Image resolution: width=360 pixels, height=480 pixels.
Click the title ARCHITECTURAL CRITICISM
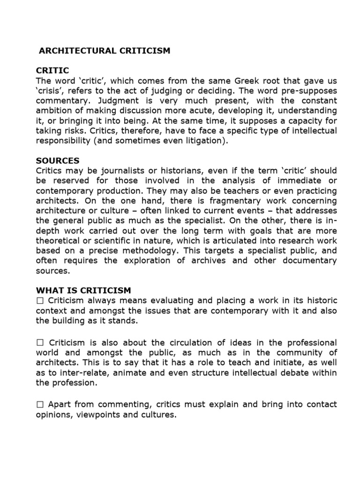click(104, 51)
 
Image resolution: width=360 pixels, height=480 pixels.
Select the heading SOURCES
click(58, 161)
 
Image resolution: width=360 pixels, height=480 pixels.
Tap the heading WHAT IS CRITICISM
click(83, 290)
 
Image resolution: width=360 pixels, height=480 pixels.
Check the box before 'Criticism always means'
click(40, 300)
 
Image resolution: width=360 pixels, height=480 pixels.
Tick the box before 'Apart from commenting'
click(40, 404)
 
